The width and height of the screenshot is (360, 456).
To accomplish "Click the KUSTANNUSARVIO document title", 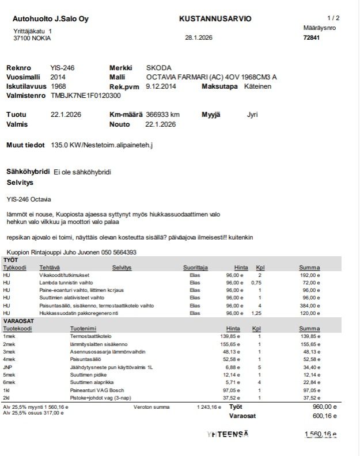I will coord(215,18).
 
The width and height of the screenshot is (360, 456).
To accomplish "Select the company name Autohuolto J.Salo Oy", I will coord(51,19).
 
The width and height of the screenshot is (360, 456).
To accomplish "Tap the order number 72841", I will coord(311,38).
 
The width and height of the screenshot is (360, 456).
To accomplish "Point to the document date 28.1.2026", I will coord(199,38).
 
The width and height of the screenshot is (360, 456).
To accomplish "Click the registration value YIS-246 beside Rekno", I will coord(62,68).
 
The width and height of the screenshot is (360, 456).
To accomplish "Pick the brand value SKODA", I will coord(159,68).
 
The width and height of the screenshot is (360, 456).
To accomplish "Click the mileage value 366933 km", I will coord(163,115).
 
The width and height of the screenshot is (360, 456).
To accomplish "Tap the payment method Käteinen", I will coord(257,86).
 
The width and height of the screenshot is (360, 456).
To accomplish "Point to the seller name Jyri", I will coord(252,115).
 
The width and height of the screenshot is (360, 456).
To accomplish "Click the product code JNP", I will coord(7,367).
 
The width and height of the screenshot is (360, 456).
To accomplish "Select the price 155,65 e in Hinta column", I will coord(233,344).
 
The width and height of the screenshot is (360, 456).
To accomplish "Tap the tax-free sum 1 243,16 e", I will coord(208,407).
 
